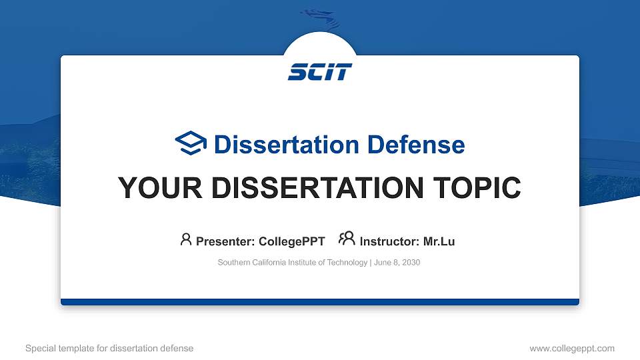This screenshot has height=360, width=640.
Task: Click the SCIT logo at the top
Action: [320, 72]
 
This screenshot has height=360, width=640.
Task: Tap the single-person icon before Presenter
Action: [186, 239]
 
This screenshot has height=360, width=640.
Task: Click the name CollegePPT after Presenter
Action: [292, 241]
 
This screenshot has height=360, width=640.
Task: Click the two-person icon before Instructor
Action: [347, 239]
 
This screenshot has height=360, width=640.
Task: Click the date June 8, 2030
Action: [397, 263]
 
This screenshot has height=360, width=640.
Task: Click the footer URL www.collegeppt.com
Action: [572, 348]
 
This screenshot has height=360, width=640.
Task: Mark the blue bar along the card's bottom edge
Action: [320, 302]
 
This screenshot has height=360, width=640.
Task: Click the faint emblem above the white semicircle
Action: [321, 18]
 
